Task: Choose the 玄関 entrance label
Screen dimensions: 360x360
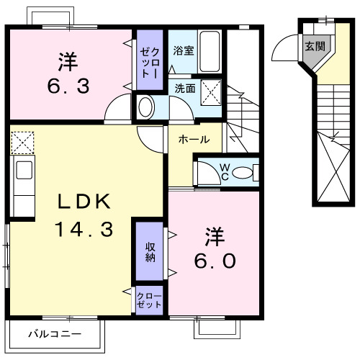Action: click(314, 47)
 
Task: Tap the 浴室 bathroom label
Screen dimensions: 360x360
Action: click(183, 50)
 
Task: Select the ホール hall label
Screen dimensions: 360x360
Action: click(194, 139)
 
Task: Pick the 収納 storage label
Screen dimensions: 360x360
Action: click(150, 253)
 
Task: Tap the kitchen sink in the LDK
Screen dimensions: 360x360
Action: click(22, 171)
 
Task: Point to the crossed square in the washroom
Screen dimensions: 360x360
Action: click(211, 91)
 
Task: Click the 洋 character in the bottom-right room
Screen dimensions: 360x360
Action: click(214, 235)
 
